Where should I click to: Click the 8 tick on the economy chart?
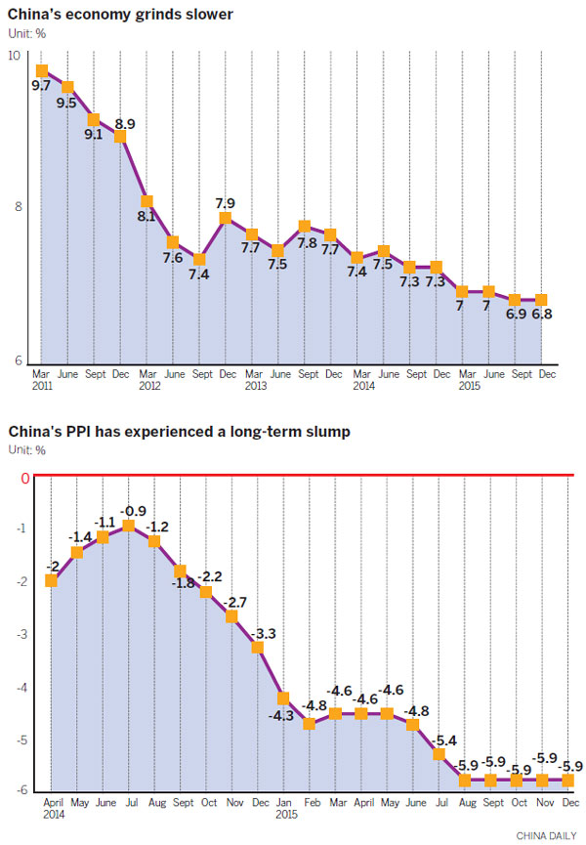[x=17, y=206]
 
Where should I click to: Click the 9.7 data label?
[x=41, y=87]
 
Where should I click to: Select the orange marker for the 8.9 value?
[x=120, y=136]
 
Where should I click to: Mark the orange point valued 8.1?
[x=146, y=200]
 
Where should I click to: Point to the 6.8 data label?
[x=542, y=315]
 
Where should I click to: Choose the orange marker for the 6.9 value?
[x=514, y=300]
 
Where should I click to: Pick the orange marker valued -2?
[x=51, y=581]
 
